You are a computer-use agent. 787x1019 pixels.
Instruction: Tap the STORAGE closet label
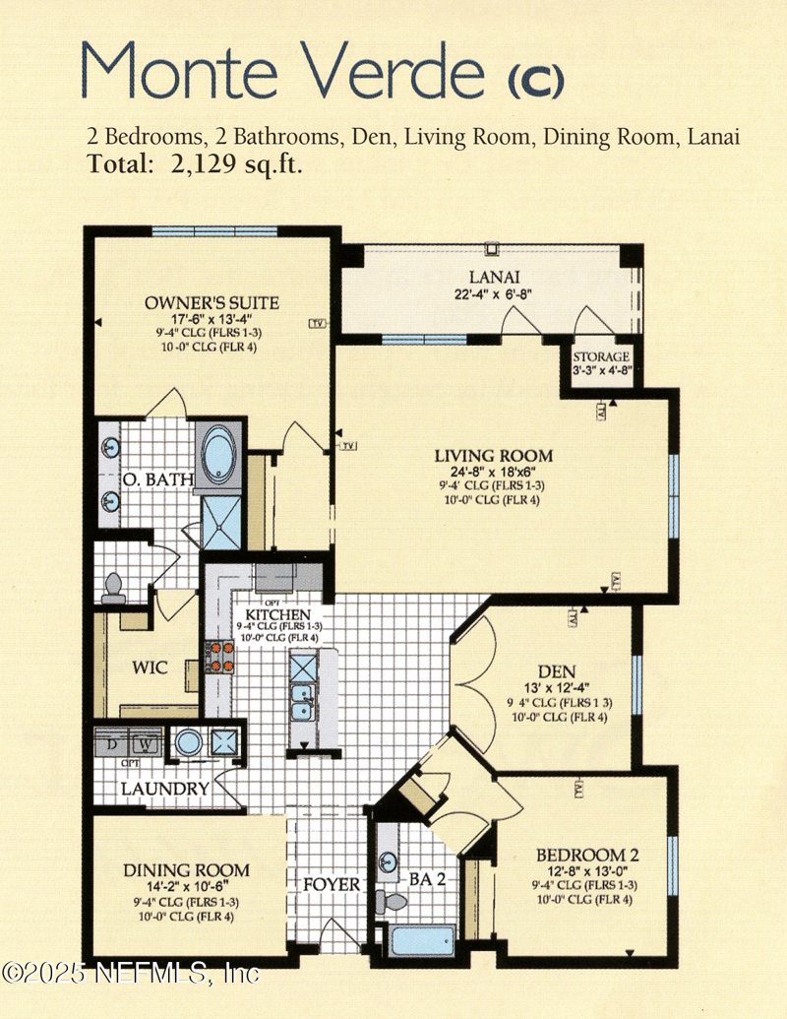pyautogui.click(x=601, y=356)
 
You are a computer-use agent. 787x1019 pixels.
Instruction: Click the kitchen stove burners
pyautogui.click(x=218, y=657)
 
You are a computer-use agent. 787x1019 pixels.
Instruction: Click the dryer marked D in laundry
pyautogui.click(x=111, y=745)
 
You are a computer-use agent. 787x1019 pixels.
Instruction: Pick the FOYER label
pyautogui.click(x=332, y=885)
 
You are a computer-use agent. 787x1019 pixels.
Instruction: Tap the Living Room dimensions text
pyautogui.click(x=494, y=472)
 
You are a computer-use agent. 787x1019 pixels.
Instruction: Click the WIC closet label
pyautogui.click(x=150, y=668)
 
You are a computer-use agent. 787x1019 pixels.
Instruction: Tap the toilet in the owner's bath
pyautogui.click(x=113, y=588)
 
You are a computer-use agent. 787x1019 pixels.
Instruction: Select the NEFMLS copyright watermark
pyautogui.click(x=131, y=973)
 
